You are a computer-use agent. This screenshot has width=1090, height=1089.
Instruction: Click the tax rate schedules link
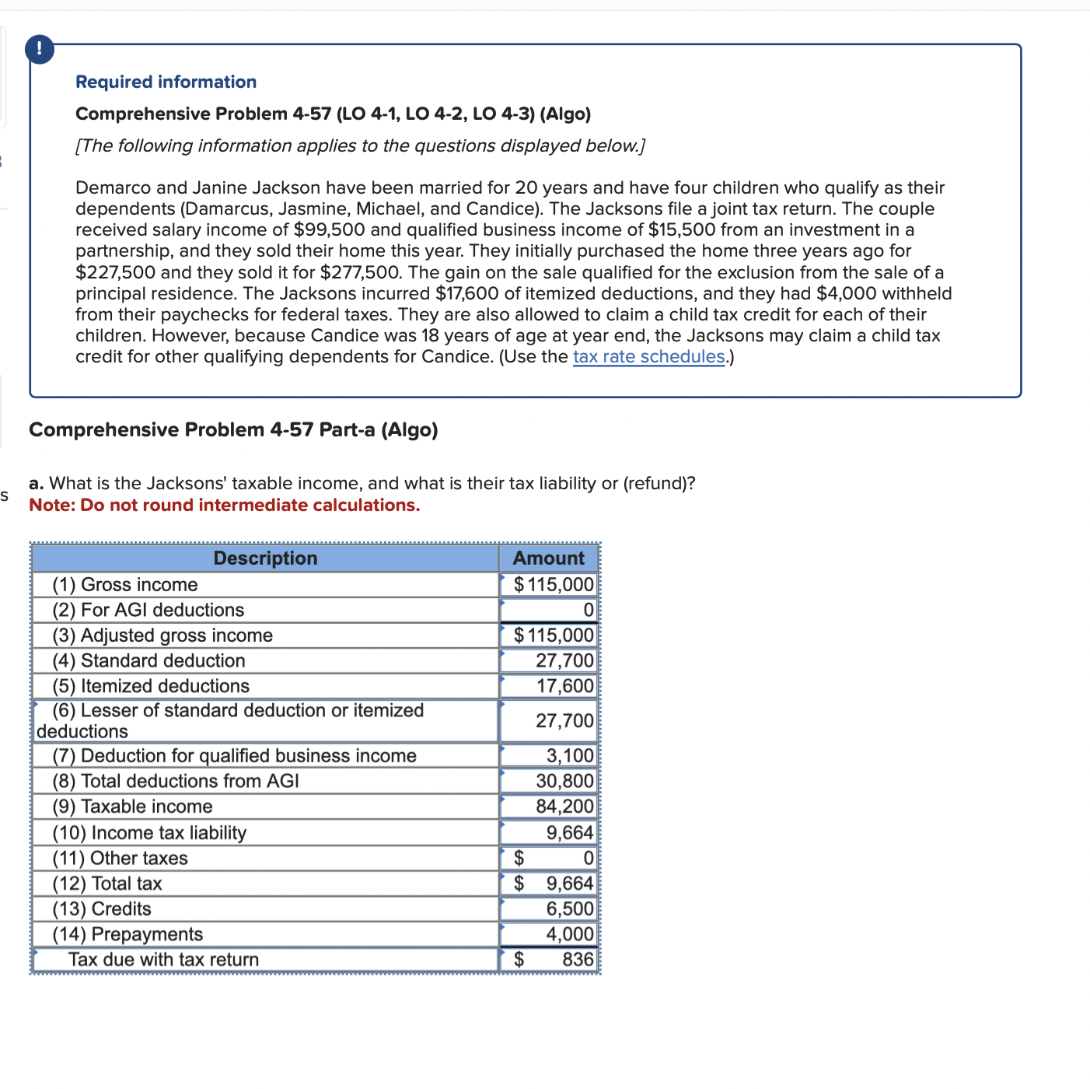tap(648, 357)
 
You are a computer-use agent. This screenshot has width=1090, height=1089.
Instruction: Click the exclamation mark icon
tap(40, 50)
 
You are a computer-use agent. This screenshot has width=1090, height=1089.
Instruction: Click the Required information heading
tap(166, 82)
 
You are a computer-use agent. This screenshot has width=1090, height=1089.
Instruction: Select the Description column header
tap(265, 559)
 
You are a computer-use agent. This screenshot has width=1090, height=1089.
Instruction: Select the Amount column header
tap(548, 559)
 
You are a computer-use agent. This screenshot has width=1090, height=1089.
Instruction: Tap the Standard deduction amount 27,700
tap(564, 660)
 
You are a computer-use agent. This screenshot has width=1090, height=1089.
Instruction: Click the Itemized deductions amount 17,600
tap(564, 686)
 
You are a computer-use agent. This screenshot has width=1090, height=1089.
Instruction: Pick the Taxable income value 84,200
tap(564, 807)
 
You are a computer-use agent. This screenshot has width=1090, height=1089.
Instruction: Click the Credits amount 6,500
tap(569, 909)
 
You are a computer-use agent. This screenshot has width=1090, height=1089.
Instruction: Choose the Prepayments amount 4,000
tap(569, 934)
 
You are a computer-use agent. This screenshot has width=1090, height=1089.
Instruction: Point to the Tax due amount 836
tap(577, 960)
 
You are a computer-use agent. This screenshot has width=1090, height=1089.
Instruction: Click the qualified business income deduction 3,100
tap(569, 756)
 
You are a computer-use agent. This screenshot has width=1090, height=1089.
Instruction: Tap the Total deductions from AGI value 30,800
tap(564, 781)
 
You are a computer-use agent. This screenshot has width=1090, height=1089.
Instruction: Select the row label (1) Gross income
tap(125, 585)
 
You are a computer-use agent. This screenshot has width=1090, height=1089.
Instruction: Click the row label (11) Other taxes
tap(120, 859)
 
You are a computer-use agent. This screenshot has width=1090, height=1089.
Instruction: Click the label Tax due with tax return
tap(163, 960)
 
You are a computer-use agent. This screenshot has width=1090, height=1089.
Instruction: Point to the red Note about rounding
tap(224, 506)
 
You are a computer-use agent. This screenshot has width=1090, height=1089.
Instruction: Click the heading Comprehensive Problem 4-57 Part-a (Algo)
tap(233, 430)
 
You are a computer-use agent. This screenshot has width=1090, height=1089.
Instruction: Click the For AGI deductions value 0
tap(588, 610)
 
